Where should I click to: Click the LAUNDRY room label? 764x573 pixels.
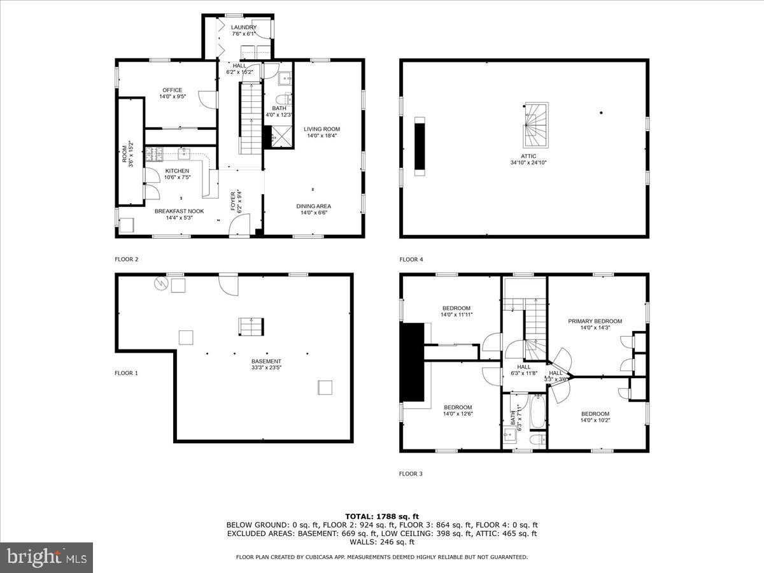tap(244, 27)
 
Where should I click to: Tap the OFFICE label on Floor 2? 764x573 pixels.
tap(172, 90)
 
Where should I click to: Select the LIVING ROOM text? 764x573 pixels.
tap(322, 129)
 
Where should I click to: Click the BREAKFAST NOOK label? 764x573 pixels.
tap(179, 211)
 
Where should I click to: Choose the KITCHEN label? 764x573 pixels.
tap(177, 171)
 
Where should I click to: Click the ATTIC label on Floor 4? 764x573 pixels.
tap(528, 156)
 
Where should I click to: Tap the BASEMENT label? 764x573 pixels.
tap(266, 361)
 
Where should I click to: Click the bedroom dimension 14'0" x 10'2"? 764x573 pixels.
tap(595, 420)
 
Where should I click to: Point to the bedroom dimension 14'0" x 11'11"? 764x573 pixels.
tap(456, 315)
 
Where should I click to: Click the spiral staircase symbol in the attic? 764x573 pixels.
tap(535, 126)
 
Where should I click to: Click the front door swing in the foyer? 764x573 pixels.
tap(239, 225)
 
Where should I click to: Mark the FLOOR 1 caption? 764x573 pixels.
tap(126, 373)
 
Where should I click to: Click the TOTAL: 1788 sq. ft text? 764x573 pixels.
tap(382, 516)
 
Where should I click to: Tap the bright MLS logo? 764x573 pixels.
tap(46, 558)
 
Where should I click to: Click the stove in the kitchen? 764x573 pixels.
tap(154, 153)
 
